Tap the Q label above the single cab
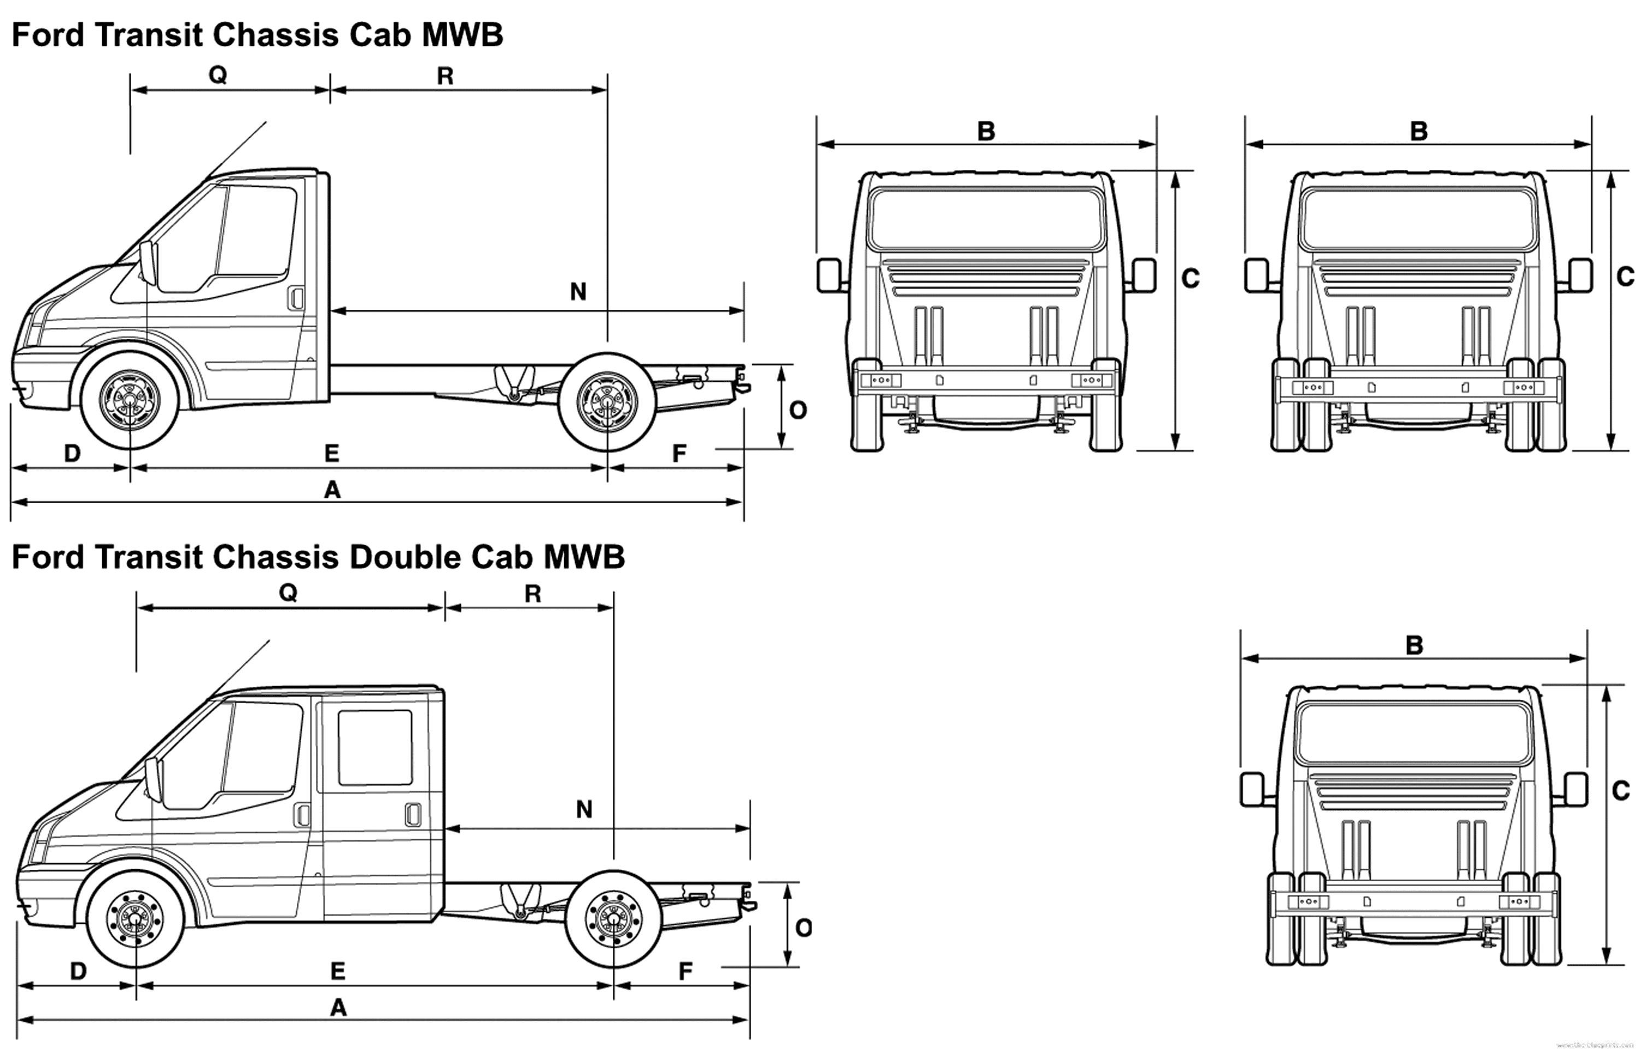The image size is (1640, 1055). (x=218, y=75)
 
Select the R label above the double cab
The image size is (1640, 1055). (x=532, y=593)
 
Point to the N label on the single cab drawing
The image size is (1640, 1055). (x=578, y=292)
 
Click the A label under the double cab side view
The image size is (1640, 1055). (x=338, y=1007)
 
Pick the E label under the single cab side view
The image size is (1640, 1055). (x=332, y=453)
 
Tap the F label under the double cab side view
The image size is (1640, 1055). (x=686, y=971)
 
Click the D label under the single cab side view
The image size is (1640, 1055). (x=72, y=453)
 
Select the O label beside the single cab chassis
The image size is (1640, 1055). (x=798, y=410)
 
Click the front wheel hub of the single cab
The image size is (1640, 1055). (x=130, y=399)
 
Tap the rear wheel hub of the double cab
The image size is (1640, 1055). (x=614, y=918)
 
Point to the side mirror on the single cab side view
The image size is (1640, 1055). (x=148, y=262)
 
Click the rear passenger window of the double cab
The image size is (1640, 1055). (x=375, y=747)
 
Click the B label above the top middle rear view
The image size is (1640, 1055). (x=986, y=131)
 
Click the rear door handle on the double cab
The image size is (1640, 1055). (x=413, y=815)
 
